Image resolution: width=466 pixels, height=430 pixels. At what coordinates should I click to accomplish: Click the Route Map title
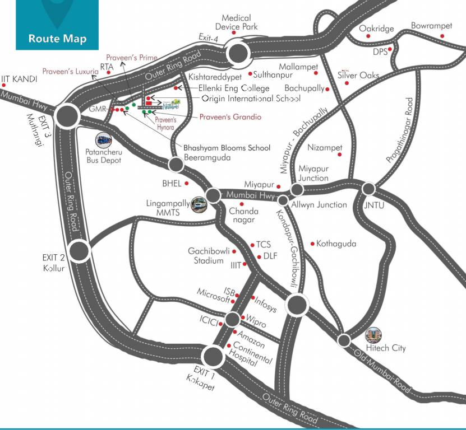point(58,39)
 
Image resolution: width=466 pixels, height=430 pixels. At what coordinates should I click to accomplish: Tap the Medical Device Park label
point(236,22)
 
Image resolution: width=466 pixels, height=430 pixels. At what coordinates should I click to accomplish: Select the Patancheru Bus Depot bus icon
point(104,139)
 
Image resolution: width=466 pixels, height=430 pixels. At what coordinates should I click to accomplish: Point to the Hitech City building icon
point(373,335)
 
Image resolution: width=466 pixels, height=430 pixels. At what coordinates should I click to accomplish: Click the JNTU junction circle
point(368,189)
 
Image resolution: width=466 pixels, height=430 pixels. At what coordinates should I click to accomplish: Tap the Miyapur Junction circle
point(297,190)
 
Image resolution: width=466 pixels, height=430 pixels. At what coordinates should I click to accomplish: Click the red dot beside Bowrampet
point(442,36)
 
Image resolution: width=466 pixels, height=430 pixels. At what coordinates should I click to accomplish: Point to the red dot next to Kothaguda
point(312,244)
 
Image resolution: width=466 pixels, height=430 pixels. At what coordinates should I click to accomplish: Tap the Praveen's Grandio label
point(230,118)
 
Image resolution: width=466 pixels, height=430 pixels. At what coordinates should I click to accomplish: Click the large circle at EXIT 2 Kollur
point(80,251)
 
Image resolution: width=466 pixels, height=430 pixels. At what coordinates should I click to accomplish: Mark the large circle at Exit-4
point(238,54)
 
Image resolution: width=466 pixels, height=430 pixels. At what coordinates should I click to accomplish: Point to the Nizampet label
point(325,148)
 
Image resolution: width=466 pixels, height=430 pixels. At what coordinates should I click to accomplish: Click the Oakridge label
point(376,29)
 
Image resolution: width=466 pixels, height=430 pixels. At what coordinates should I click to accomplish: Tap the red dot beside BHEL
point(186,183)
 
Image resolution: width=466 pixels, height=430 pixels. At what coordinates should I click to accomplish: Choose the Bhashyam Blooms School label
point(227,148)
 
